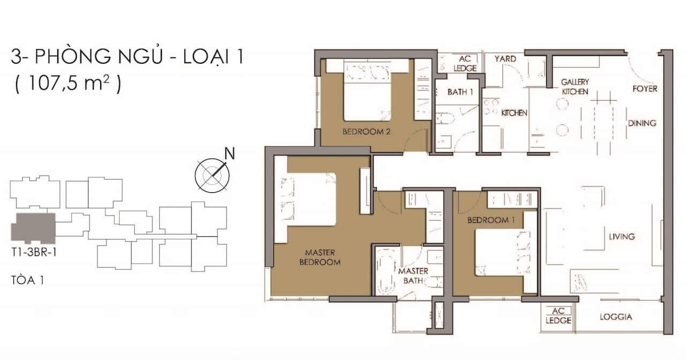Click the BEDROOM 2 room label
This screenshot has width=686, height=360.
[366, 132]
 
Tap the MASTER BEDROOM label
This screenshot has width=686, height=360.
[320, 258]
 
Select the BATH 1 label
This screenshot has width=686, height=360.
[460, 92]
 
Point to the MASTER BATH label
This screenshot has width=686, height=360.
[413, 276]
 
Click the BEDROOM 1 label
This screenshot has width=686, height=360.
[491, 220]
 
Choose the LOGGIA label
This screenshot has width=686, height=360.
[616, 317]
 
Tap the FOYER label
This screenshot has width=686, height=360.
[645, 89]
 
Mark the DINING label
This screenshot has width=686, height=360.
[642, 123]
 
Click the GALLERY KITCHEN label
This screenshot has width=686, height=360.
[575, 87]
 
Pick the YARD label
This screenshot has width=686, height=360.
[505, 59]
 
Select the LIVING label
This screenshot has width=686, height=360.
[622, 236]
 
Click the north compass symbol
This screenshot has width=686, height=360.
[212, 175]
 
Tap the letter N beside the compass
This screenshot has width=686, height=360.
[230, 153]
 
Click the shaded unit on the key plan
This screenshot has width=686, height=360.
[33, 228]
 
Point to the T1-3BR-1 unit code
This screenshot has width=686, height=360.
[34, 252]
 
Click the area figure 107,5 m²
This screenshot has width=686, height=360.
[69, 83]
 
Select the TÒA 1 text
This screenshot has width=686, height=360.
[27, 280]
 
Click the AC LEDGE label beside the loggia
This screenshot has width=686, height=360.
[558, 316]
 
